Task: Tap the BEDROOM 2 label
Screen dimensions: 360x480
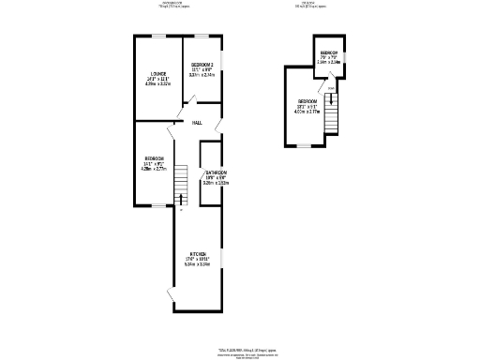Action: coord(202,65)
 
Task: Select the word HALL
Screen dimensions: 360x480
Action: coord(198,123)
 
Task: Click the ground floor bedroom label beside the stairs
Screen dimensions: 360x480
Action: coord(153,158)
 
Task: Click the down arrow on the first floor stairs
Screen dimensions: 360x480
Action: coord(331,89)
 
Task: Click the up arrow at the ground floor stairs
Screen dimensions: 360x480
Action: coord(181,208)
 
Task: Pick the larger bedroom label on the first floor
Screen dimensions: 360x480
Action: coord(307,101)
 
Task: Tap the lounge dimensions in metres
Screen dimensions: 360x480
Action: coord(157,84)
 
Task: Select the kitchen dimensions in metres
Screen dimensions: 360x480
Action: coord(198,264)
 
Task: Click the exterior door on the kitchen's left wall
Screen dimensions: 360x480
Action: coord(171,297)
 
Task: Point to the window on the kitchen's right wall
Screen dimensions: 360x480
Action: coord(222,256)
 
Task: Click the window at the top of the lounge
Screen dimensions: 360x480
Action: coord(155,37)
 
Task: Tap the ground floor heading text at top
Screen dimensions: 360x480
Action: coord(175,5)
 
